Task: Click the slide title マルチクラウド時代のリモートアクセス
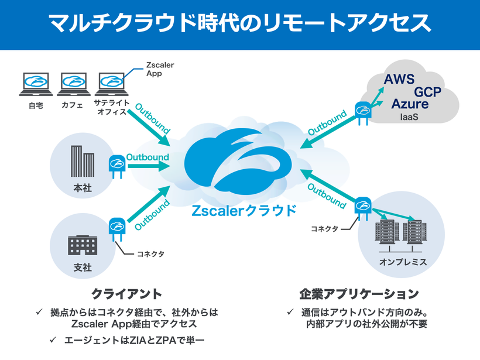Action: coord(240,23)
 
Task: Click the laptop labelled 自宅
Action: coord(35,83)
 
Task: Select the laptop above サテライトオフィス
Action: coord(111,83)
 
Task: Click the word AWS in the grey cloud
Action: coord(399,79)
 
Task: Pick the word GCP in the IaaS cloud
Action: coord(427,92)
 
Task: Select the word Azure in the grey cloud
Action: coord(410,104)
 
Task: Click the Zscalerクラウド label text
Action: coord(244,211)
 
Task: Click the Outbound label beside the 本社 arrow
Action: coord(148,157)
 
